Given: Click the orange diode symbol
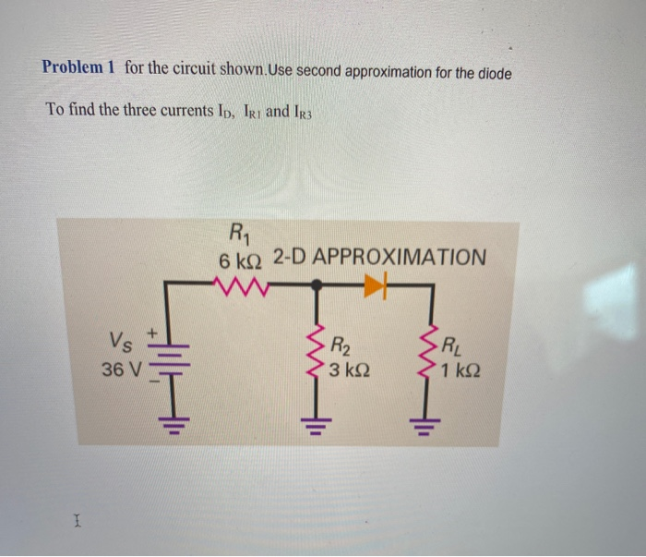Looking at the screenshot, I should (x=374, y=287).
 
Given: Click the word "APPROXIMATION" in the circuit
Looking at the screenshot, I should (x=400, y=258).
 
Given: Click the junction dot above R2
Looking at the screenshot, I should (x=316, y=287).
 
